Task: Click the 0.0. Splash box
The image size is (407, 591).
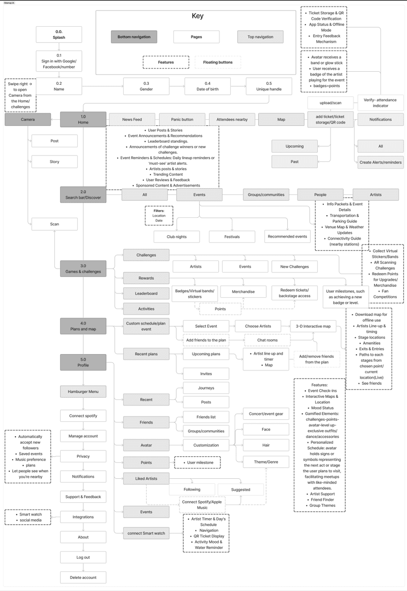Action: [59, 34]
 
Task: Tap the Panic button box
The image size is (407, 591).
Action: [182, 119]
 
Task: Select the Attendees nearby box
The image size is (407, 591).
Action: [232, 119]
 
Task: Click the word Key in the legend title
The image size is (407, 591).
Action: [197, 16]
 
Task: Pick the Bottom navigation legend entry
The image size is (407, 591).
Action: [134, 37]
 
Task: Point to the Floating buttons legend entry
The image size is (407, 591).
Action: [218, 62]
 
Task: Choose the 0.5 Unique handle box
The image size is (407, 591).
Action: [269, 86]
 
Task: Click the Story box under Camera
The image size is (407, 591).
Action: [55, 161]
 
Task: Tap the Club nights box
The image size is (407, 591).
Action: [177, 236]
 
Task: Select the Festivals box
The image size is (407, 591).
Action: [232, 236]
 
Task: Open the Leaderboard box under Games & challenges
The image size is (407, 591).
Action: [146, 293]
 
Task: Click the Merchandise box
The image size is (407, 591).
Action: [243, 292]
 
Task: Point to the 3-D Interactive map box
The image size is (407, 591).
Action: [313, 326]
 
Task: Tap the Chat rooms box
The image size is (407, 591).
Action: [267, 340]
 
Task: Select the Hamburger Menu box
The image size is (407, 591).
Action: [83, 391]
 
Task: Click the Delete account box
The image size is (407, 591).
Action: [83, 577]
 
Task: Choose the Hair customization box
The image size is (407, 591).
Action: [266, 445]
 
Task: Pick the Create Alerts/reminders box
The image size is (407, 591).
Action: [380, 162]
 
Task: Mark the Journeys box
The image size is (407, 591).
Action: [206, 387]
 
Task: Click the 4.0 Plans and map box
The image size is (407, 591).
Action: [83, 326]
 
